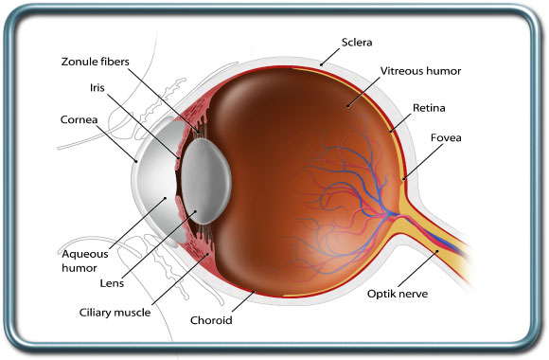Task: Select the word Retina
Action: [429, 109]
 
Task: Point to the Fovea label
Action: [446, 137]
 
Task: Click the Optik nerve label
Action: [398, 294]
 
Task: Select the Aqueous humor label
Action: [86, 261]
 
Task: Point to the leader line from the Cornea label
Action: [123, 143]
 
